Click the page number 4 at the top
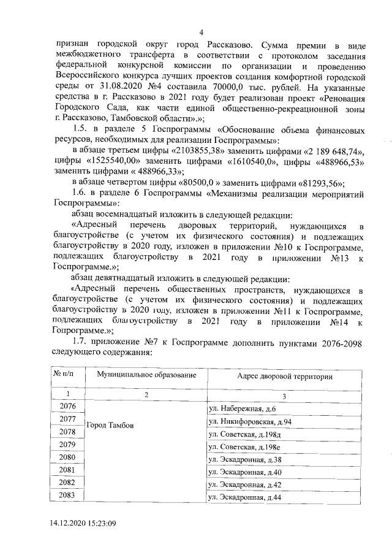pos(200,33)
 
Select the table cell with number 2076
pos(68,407)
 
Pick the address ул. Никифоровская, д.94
pos(250,421)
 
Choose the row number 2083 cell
pos(68,495)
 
